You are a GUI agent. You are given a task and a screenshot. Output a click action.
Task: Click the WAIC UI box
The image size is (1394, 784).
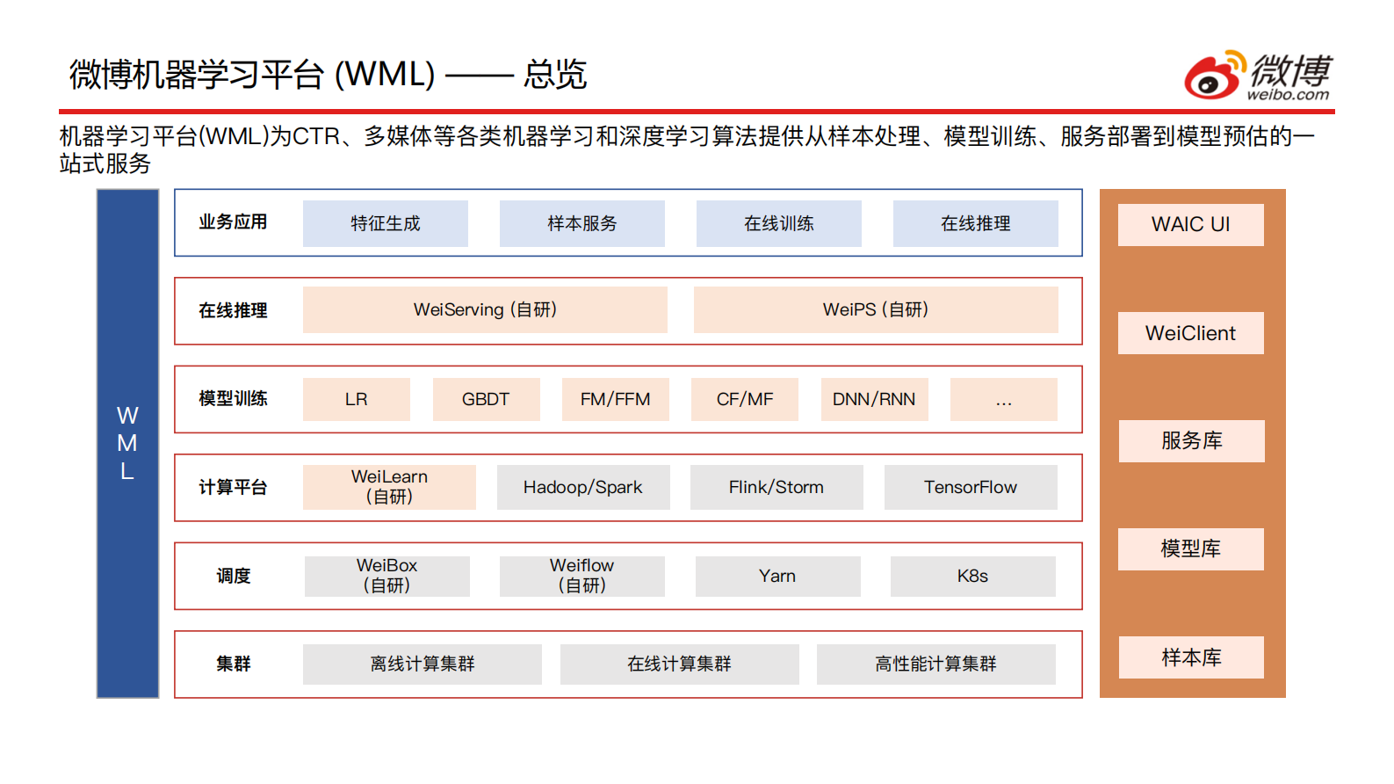1190,224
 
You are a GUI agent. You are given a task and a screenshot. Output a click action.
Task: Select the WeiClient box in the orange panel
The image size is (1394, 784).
1190,333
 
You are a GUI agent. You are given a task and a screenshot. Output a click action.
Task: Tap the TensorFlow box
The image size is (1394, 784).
970,487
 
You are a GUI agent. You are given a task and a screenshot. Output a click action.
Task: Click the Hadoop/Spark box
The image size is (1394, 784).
582,487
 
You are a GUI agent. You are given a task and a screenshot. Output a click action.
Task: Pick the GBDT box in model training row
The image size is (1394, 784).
486,399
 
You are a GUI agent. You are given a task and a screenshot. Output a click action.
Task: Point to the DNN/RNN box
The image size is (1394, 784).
874,399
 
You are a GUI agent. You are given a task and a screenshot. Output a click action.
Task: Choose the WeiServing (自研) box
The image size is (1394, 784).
485,309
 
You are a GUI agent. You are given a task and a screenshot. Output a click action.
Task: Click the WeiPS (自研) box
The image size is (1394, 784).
875,309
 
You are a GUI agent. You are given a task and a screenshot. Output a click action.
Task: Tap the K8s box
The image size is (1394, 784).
972,576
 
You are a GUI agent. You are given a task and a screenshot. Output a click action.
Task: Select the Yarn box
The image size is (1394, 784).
777,576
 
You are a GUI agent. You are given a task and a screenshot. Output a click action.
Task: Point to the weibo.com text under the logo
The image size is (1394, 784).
1288,95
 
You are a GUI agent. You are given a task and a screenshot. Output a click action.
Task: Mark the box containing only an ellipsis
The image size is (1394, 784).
1003,399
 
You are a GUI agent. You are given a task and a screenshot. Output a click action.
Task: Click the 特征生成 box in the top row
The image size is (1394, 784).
385,223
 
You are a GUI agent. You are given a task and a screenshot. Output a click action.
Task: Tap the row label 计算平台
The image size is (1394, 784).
233,487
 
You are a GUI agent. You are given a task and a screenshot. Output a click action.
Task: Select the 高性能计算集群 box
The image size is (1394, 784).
935,664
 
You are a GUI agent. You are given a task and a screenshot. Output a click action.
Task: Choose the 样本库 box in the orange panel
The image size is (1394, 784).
1190,657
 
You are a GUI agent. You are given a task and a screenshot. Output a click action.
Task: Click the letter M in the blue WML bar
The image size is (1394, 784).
127,443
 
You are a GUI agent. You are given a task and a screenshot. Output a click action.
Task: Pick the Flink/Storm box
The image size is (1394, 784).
776,487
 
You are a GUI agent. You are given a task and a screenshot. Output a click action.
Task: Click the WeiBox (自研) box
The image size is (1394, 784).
386,576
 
